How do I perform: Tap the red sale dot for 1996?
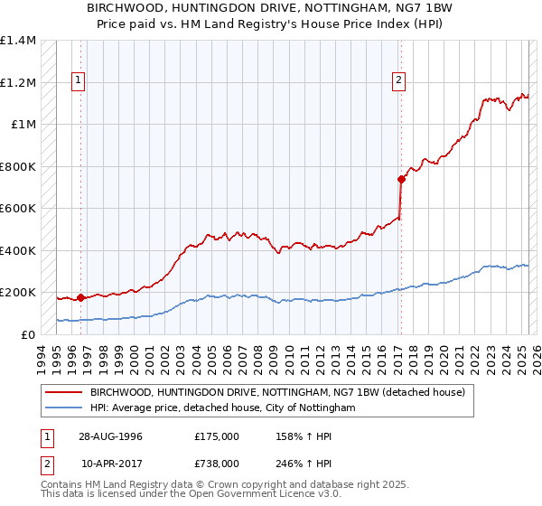(80, 297)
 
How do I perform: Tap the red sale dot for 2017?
(400, 179)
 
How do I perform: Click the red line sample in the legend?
(65, 392)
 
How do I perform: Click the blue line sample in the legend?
(65, 408)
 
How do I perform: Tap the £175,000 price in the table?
(217, 436)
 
